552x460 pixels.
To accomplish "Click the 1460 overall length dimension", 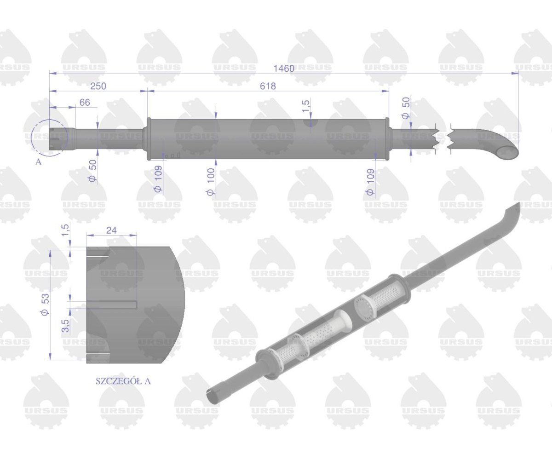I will (283, 69).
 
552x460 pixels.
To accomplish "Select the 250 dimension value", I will (98, 86).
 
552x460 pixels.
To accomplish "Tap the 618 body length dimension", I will (268, 86).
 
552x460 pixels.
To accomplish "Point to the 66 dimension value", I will (85, 103).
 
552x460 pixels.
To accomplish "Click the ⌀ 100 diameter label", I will (211, 184).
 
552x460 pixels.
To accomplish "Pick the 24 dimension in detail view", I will (111, 230).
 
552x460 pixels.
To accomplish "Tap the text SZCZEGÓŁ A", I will (123, 381).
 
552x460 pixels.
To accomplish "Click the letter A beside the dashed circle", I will (38, 161).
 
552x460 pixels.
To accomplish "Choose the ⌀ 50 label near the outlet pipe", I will (406, 109).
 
